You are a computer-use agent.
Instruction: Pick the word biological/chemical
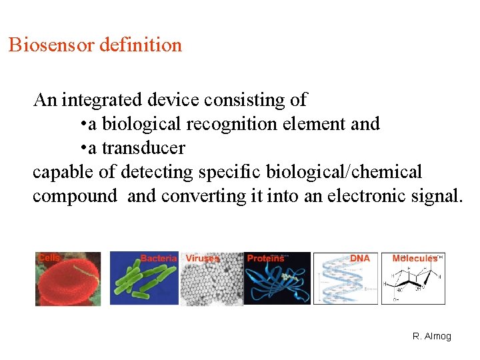[x=344, y=172]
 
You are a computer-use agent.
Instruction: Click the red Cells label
[x=49, y=257]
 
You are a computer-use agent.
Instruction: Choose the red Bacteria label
[x=159, y=258]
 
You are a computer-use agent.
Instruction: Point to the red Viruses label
[x=203, y=258]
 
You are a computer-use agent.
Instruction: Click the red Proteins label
[x=265, y=258]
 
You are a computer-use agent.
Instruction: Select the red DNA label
[x=360, y=258]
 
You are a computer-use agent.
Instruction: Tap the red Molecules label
[x=415, y=258]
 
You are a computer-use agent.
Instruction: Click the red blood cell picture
[x=67, y=283]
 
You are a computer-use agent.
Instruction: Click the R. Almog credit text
[x=432, y=337]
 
